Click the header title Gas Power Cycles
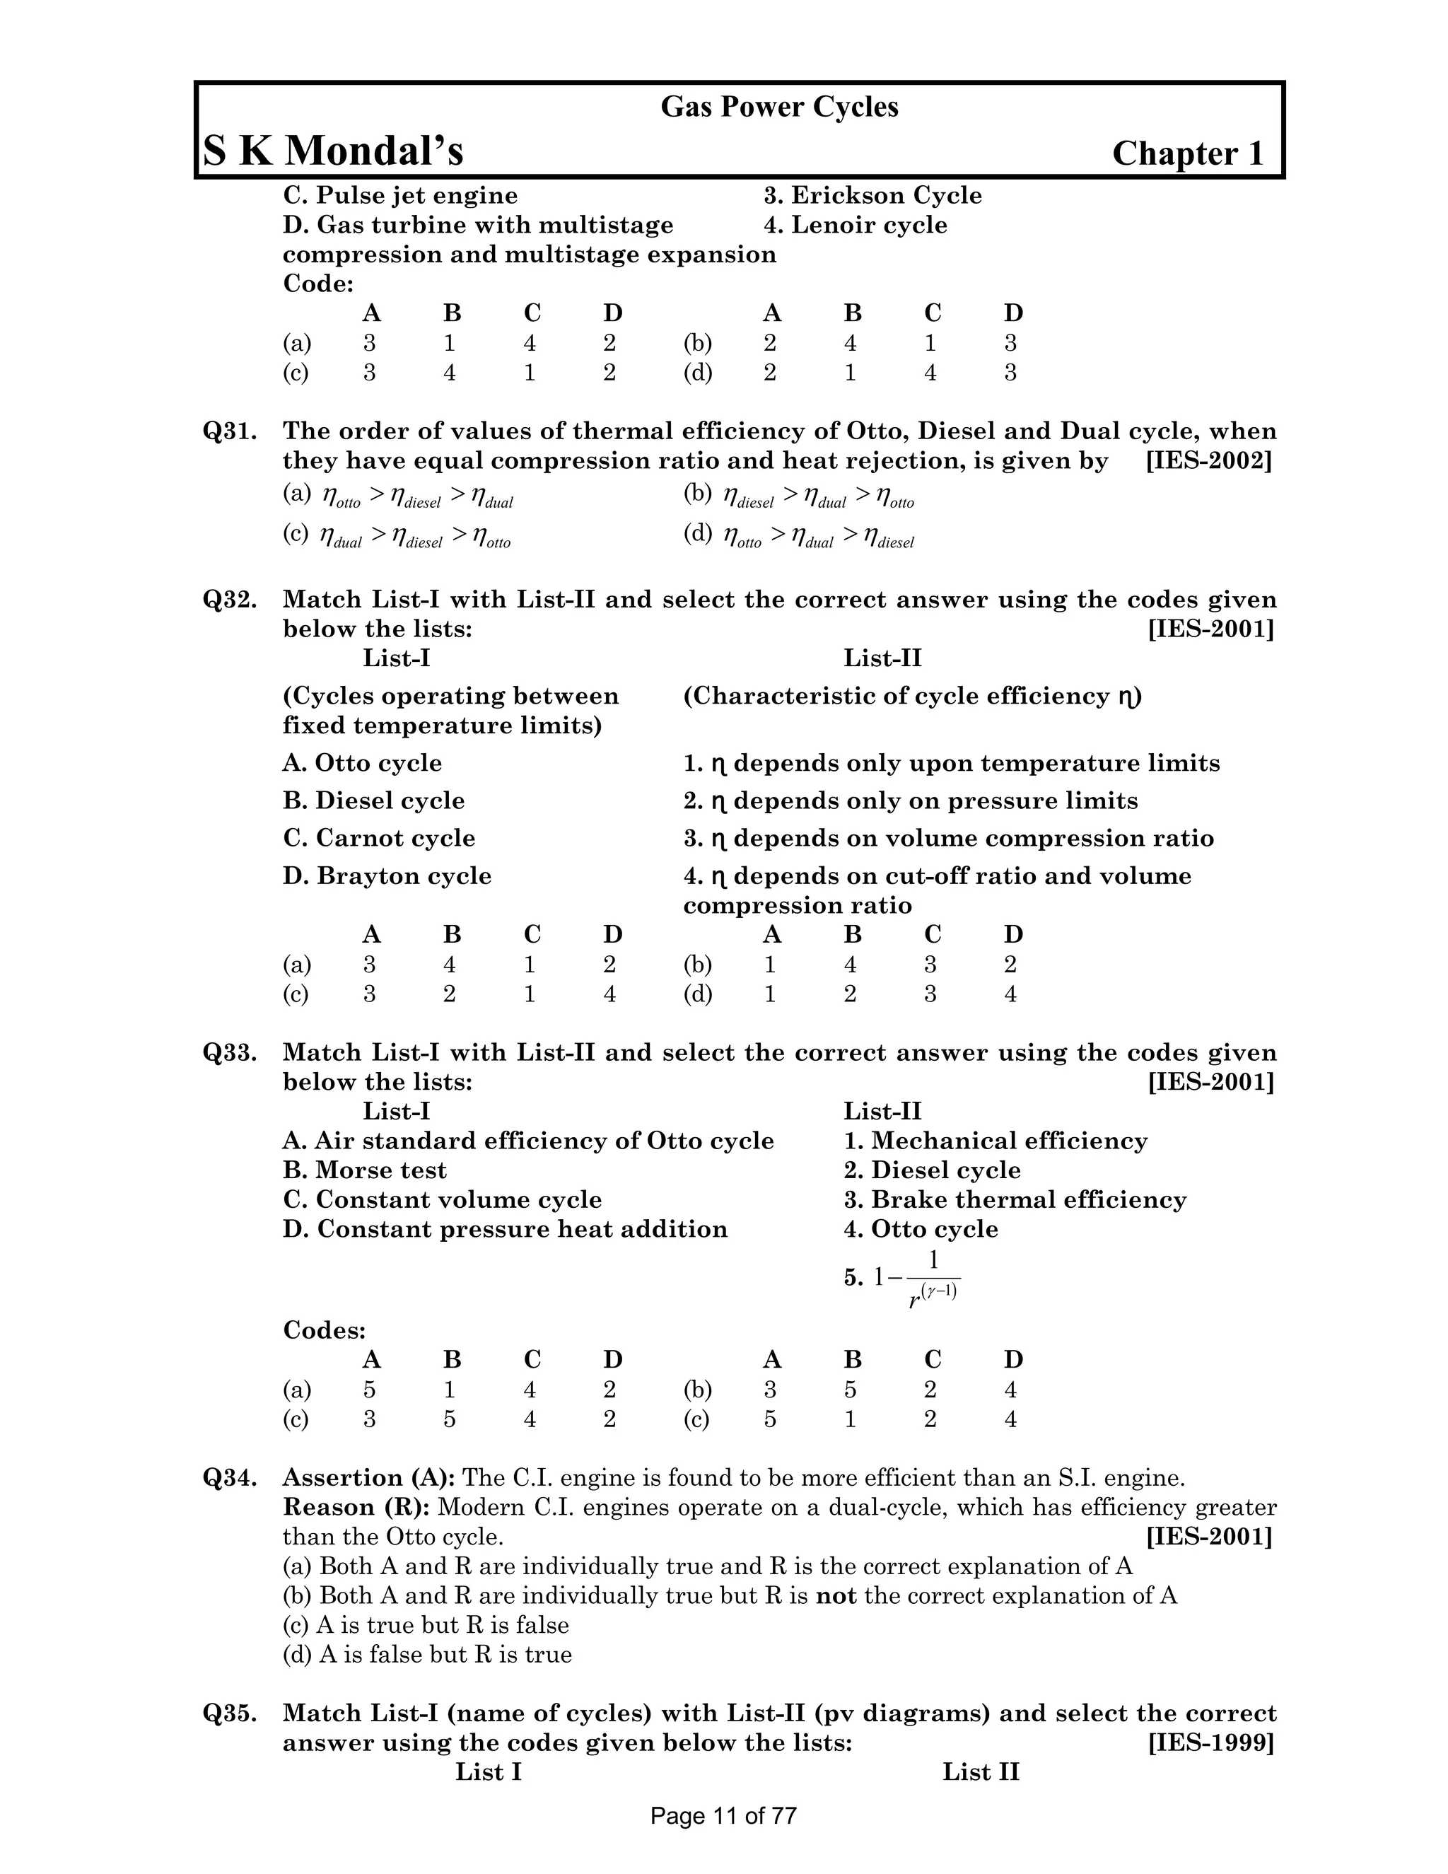pyautogui.click(x=779, y=107)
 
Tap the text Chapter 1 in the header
pyautogui.click(x=1188, y=153)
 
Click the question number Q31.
pyautogui.click(x=230, y=431)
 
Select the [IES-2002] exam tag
pyautogui.click(x=1208, y=461)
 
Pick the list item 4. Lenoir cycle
pyautogui.click(x=856, y=226)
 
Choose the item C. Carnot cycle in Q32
pyautogui.click(x=378, y=838)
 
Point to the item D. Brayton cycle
pyautogui.click(x=387, y=876)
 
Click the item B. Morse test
pyautogui.click(x=365, y=1170)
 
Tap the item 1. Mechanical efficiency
pyautogui.click(x=995, y=1141)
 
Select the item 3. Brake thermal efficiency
pyautogui.click(x=1015, y=1199)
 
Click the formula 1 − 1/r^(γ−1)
pyautogui.click(x=916, y=1279)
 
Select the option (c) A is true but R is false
pyautogui.click(x=426, y=1625)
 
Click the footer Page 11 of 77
pyautogui.click(x=723, y=1815)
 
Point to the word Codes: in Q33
pyautogui.click(x=325, y=1331)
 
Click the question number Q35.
pyautogui.click(x=230, y=1713)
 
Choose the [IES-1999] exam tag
pyautogui.click(x=1210, y=1742)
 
